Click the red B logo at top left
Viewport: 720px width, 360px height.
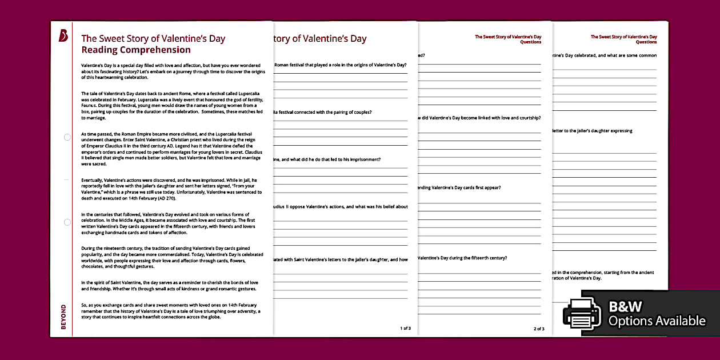click(63, 35)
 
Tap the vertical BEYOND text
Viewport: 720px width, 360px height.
click(63, 318)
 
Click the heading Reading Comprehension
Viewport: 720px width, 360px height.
click(136, 50)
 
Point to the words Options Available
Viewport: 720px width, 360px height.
click(657, 321)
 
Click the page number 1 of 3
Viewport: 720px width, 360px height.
click(405, 329)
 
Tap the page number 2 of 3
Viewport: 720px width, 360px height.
click(539, 329)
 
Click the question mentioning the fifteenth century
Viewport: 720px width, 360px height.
click(463, 258)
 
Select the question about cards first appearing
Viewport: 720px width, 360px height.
click(460, 187)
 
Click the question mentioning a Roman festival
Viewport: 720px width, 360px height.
click(341, 65)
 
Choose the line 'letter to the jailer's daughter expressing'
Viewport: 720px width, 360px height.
click(591, 131)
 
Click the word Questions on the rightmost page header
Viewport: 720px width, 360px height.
click(646, 42)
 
